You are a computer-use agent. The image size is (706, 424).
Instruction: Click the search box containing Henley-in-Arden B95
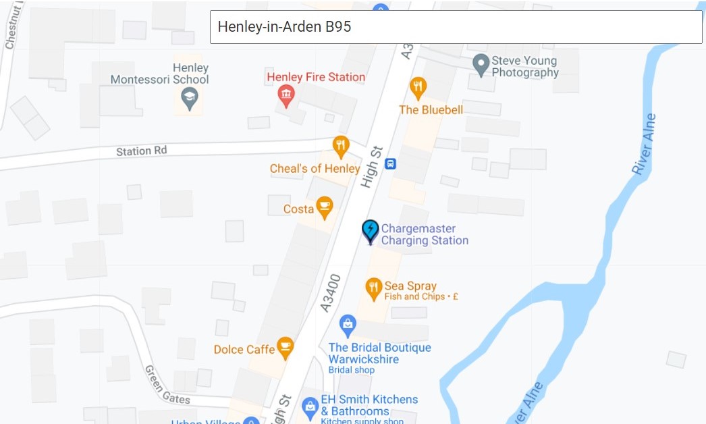[456, 27]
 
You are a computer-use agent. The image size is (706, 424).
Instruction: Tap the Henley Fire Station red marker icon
[286, 96]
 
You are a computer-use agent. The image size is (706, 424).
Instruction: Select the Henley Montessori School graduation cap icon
[190, 99]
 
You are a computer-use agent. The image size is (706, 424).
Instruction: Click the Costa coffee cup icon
[325, 207]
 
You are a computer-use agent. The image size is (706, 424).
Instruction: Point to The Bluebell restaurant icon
[418, 87]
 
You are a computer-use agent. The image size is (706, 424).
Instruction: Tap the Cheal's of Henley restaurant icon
[342, 146]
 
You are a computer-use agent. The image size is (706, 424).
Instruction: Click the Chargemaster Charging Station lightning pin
[370, 231]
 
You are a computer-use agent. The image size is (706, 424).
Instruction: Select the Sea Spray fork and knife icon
[374, 288]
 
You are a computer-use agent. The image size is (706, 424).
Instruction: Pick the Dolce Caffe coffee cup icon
[286, 347]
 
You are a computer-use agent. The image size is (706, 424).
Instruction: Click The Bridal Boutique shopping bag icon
[348, 325]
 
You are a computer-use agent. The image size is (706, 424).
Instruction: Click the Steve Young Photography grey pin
[481, 65]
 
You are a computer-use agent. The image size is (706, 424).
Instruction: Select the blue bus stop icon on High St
[390, 163]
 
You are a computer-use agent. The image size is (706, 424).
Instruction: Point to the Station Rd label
[141, 151]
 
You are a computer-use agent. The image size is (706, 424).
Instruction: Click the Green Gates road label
[167, 385]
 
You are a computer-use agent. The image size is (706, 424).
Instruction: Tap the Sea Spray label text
[410, 286]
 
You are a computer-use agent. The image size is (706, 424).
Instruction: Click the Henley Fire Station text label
[316, 77]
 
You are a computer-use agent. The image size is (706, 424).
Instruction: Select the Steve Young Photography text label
[525, 66]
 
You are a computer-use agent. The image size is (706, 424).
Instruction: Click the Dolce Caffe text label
[244, 349]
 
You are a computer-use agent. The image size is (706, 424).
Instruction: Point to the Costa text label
[298, 209]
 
